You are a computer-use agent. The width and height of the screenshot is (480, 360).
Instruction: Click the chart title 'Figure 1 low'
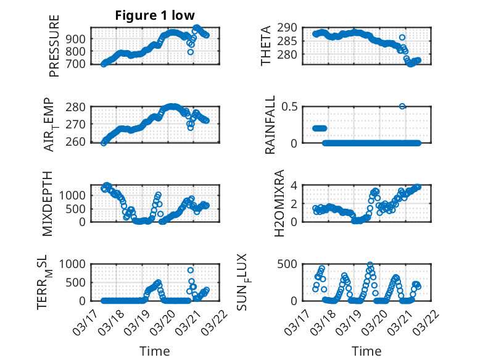155,15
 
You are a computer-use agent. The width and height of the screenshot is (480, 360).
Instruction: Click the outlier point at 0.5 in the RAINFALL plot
402,106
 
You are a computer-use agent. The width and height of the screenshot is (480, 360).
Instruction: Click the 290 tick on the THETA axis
291,28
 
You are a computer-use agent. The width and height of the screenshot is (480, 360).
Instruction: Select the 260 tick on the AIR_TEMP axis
80,142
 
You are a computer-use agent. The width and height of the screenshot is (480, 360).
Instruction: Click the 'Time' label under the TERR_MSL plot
155,351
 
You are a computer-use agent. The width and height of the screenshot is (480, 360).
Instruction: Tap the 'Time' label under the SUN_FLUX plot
366,351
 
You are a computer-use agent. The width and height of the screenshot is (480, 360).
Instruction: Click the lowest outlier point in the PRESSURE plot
191,52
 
